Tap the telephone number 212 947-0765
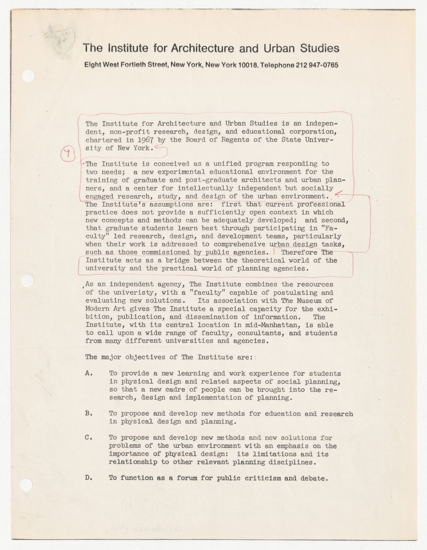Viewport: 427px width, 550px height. pyautogui.click(x=317, y=65)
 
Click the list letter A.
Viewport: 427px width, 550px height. pyautogui.click(x=89, y=373)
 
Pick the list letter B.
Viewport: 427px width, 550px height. pyautogui.click(x=89, y=414)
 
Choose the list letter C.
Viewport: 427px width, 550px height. pyautogui.click(x=89, y=438)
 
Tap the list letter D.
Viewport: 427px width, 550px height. pyautogui.click(x=89, y=478)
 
